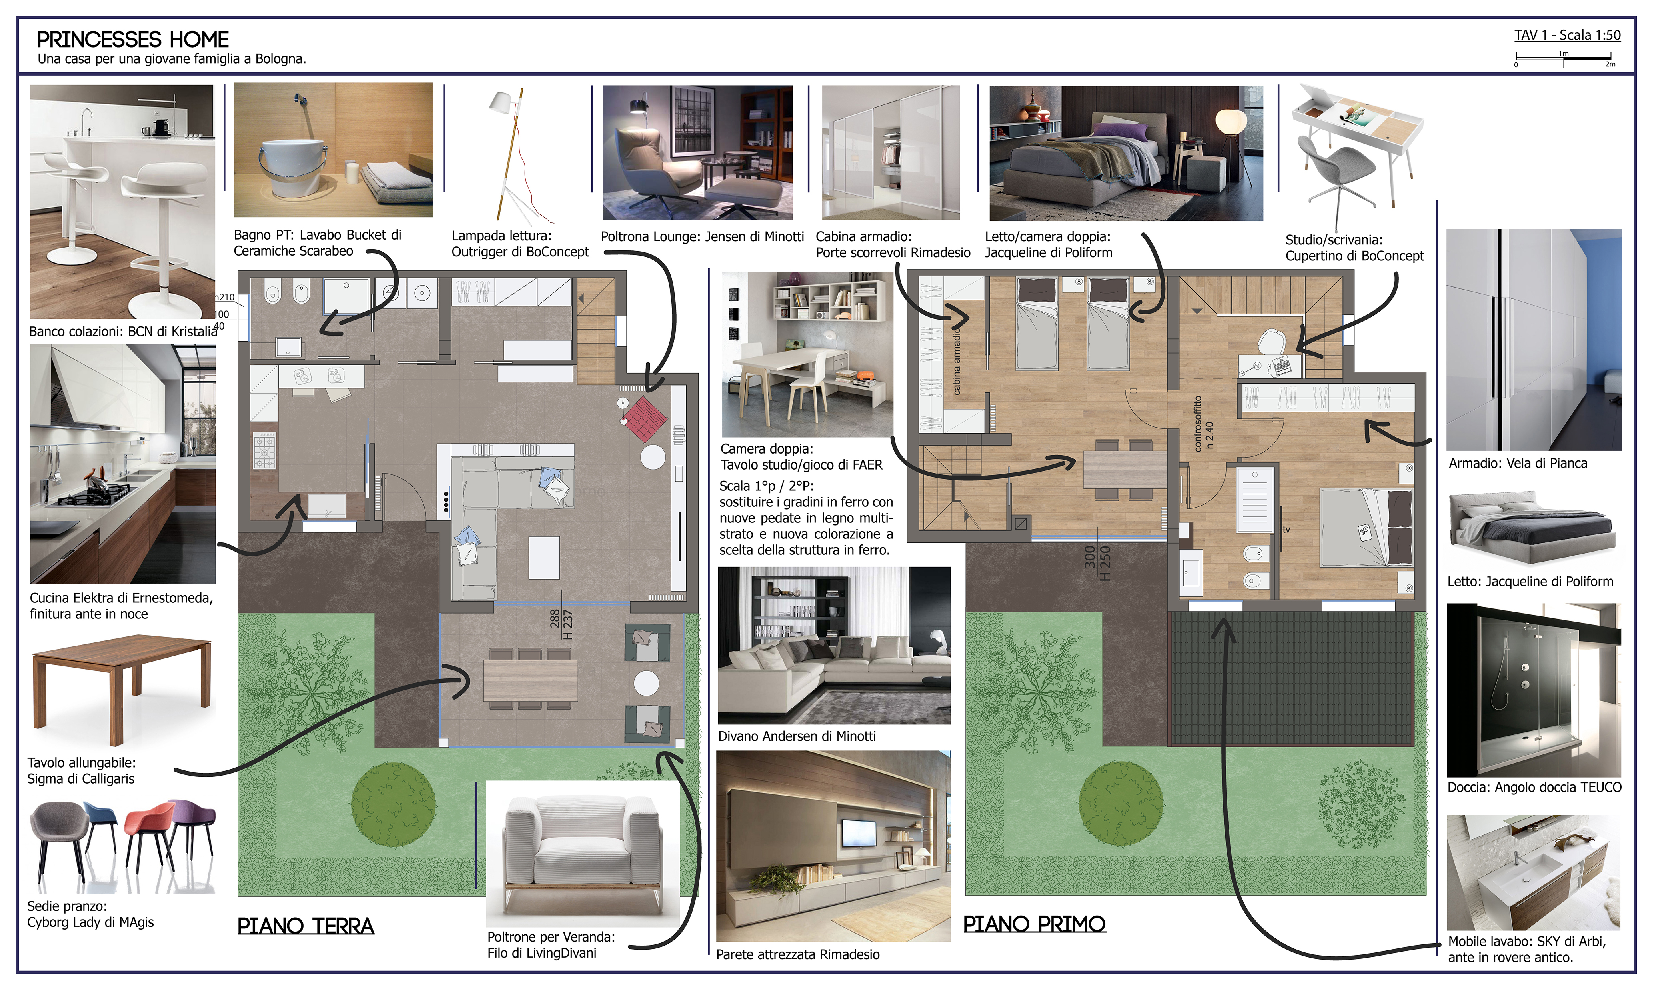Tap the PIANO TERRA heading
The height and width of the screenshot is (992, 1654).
tap(306, 926)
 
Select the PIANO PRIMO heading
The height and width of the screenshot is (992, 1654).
tap(1034, 924)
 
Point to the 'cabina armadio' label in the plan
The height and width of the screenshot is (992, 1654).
tap(957, 360)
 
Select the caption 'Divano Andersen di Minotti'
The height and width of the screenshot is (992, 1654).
tap(797, 736)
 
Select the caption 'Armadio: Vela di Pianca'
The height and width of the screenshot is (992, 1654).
tap(1518, 463)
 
